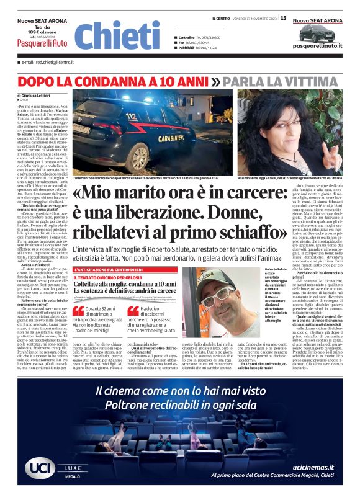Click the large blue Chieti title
tap(117, 35)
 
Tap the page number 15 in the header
tap(284, 18)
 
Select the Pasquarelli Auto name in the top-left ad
tap(42, 43)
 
